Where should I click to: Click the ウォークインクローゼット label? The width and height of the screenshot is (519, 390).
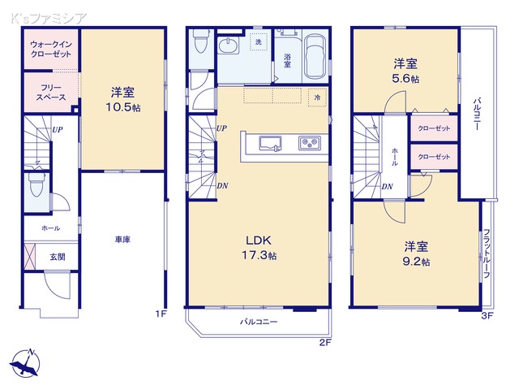point(50,50)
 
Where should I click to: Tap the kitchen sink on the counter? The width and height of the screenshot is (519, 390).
point(270,144)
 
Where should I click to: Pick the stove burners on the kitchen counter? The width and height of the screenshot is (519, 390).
point(309,144)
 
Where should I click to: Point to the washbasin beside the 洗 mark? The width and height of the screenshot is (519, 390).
point(230,46)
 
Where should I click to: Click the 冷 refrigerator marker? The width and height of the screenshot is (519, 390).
point(317,96)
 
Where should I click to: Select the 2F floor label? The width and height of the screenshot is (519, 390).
point(325,341)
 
